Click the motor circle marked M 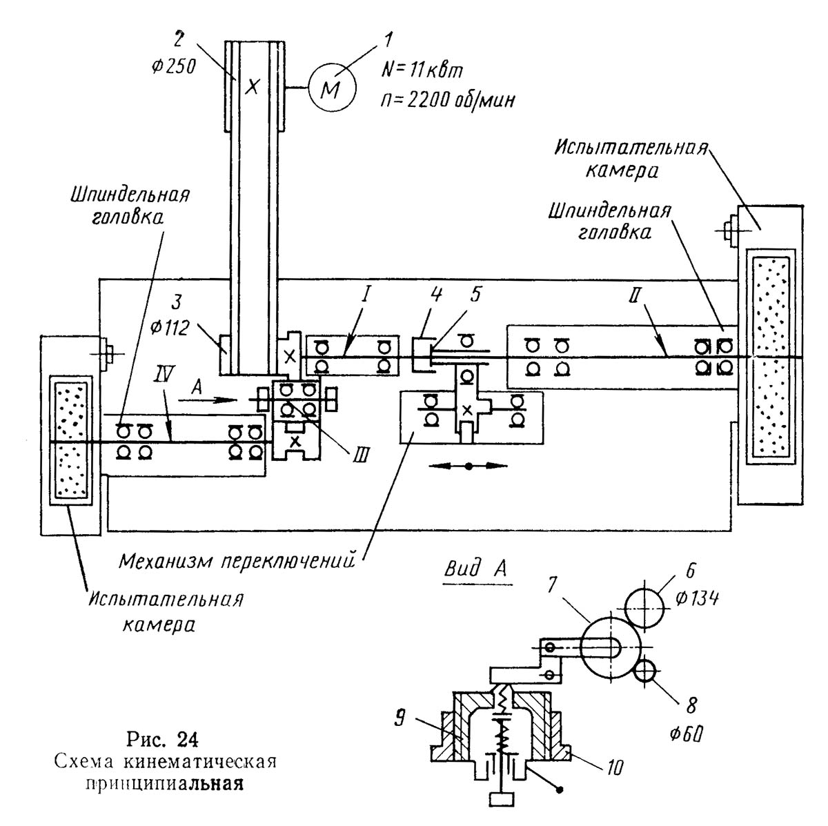tap(332, 88)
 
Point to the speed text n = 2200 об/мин tap(448, 100)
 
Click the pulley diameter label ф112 tap(170, 328)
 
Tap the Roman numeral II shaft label tap(635, 295)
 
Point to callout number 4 tap(436, 295)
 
